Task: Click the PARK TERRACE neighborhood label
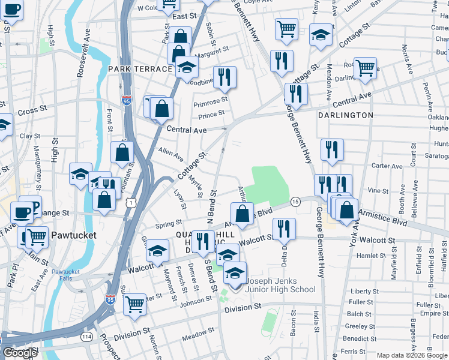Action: [x=140, y=69]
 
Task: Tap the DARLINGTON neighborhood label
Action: [x=345, y=115]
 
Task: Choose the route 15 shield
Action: [x=295, y=202]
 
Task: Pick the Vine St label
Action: [x=378, y=190]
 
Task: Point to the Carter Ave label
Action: [x=388, y=166]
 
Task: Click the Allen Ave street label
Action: [x=170, y=154]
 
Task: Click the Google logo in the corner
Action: [x=20, y=353]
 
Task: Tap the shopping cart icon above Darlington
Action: [x=365, y=69]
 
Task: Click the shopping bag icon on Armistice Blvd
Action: [x=241, y=214]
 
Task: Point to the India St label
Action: [x=316, y=321]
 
